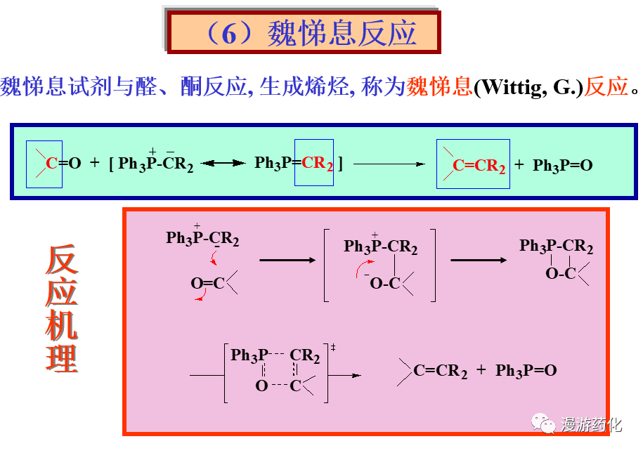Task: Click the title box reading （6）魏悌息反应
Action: click(x=304, y=32)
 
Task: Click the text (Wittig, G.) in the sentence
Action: click(x=529, y=88)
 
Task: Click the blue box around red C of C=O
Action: click(x=44, y=164)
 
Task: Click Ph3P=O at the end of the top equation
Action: click(x=562, y=166)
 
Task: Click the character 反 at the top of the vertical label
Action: click(x=62, y=261)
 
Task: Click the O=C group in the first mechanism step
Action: click(x=208, y=283)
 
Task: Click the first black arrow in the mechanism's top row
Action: click(x=287, y=261)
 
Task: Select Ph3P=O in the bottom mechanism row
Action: click(x=526, y=371)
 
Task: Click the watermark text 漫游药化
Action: click(x=592, y=424)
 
